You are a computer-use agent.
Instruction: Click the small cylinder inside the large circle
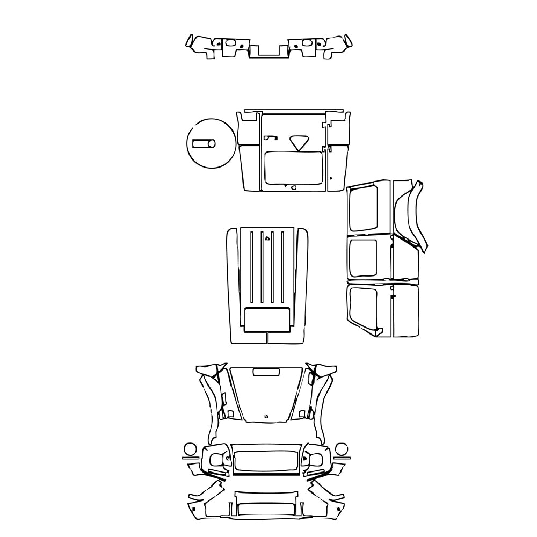[204, 143]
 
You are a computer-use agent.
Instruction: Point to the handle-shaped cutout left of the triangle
[270, 137]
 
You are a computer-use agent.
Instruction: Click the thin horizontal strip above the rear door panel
[292, 110]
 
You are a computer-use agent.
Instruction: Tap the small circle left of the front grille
[190, 449]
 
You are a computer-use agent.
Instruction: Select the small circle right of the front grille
[340, 449]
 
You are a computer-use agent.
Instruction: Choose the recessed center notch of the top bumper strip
[268, 52]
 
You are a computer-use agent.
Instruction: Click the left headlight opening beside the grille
[217, 460]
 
